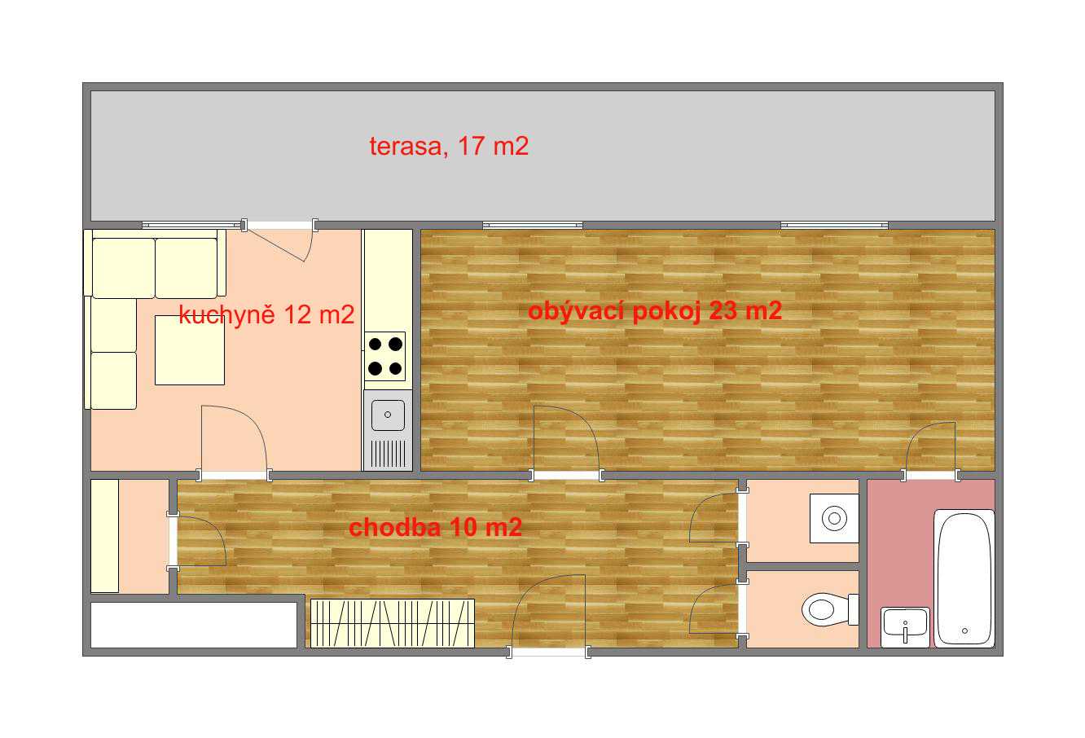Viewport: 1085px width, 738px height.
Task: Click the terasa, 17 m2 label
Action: pyautogui.click(x=449, y=147)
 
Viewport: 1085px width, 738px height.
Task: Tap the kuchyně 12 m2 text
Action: pyautogui.click(x=266, y=315)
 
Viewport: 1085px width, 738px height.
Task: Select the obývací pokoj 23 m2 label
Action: pyautogui.click(x=654, y=310)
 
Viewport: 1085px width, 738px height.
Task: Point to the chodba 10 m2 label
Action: pyautogui.click(x=435, y=527)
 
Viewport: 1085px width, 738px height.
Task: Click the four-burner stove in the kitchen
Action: pyautogui.click(x=385, y=356)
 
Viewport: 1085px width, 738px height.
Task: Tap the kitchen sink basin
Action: pyautogui.click(x=388, y=415)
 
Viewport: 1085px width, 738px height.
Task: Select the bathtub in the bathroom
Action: pyautogui.click(x=964, y=578)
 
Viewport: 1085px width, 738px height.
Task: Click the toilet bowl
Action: pyautogui.click(x=829, y=609)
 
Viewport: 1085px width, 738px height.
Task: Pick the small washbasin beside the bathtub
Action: pyautogui.click(x=905, y=626)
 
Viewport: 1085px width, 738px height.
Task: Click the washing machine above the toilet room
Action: pyautogui.click(x=834, y=518)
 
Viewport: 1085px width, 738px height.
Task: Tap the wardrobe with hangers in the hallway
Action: pyautogui.click(x=393, y=623)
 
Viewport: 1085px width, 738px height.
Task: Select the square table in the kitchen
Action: pyautogui.click(x=190, y=350)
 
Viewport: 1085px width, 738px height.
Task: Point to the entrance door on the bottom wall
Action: pyautogui.click(x=548, y=613)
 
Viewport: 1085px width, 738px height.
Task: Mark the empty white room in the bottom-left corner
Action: pyautogui.click(x=194, y=625)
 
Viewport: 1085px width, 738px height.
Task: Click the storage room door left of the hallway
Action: pyautogui.click(x=199, y=540)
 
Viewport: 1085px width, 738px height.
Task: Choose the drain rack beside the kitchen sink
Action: pyautogui.click(x=388, y=453)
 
